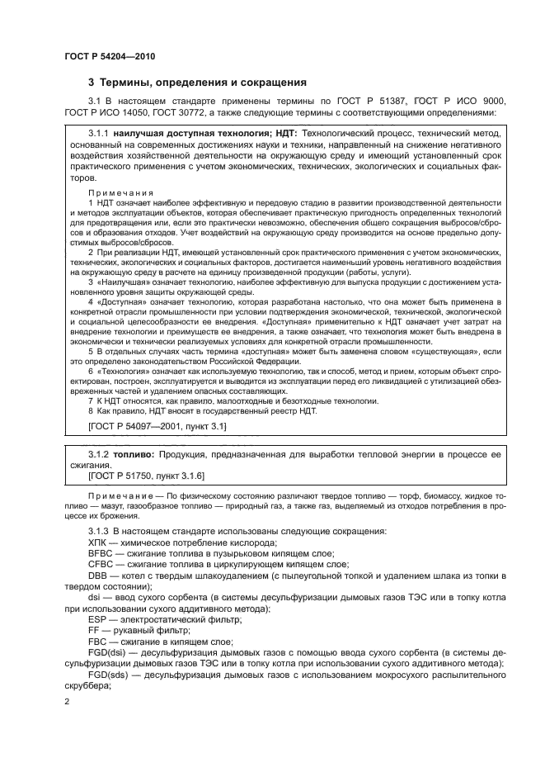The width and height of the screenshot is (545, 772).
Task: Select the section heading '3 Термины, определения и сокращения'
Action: [198, 83]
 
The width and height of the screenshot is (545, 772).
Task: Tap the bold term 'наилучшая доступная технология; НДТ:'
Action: [204, 131]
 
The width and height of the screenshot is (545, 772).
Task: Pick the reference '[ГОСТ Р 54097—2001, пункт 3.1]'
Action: [157, 425]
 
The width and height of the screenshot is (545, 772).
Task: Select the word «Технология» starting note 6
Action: [126, 373]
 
